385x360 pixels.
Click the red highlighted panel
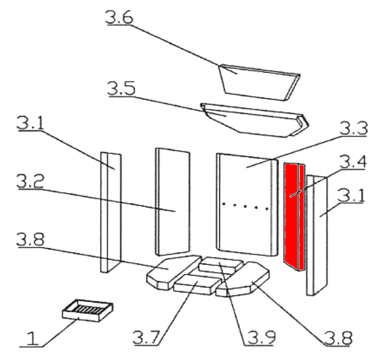pos(294,217)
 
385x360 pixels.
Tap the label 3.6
pos(119,17)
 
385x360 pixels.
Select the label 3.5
pos(121,88)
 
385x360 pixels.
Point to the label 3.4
pos(353,162)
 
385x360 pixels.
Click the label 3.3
pos(354,128)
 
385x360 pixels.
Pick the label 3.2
pos(30,181)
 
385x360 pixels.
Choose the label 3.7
pos(146,337)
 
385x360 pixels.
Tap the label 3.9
pos(261,338)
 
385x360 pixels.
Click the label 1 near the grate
pos(32,338)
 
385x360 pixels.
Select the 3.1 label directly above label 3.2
pos(30,123)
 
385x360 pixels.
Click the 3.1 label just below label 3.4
pos(351,195)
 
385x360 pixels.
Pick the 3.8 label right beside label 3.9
pos(338,338)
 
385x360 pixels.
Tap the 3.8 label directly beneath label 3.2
pos(30,239)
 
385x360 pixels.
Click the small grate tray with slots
pos(87,310)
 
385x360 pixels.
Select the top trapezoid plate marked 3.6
pos(259,83)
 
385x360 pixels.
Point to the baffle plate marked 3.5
pos(254,120)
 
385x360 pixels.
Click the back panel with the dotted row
pos(247,204)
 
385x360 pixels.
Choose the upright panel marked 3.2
pos(173,201)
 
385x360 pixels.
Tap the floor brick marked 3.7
pos(197,284)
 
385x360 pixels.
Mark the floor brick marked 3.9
pos(221,266)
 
